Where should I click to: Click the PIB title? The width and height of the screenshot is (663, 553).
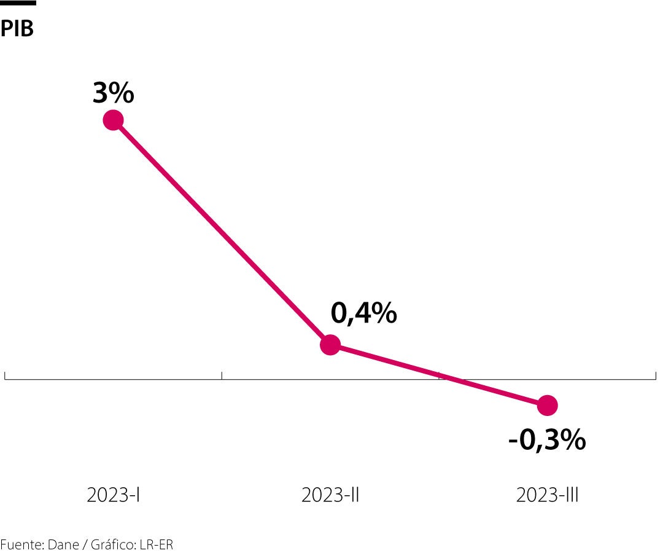(17, 28)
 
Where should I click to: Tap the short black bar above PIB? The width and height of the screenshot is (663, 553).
(18, 3)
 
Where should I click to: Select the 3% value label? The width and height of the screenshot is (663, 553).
(114, 93)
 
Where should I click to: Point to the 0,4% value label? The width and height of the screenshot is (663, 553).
(363, 313)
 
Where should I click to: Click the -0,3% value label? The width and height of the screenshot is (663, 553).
(547, 440)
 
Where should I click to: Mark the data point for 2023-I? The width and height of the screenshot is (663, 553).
(113, 120)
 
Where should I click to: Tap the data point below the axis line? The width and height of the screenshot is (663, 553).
(547, 405)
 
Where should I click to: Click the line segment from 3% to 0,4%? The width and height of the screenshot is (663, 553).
(221, 232)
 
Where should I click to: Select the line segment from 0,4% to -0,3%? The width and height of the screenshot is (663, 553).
(438, 375)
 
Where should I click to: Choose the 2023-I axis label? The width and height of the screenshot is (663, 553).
(114, 495)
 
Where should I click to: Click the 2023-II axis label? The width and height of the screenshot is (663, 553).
(330, 495)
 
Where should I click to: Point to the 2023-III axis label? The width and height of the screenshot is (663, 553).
(547, 495)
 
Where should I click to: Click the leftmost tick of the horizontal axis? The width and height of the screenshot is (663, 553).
(5, 375)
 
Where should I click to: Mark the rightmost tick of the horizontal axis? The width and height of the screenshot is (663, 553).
(656, 375)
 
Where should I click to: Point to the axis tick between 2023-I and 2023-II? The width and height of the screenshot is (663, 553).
(222, 375)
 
